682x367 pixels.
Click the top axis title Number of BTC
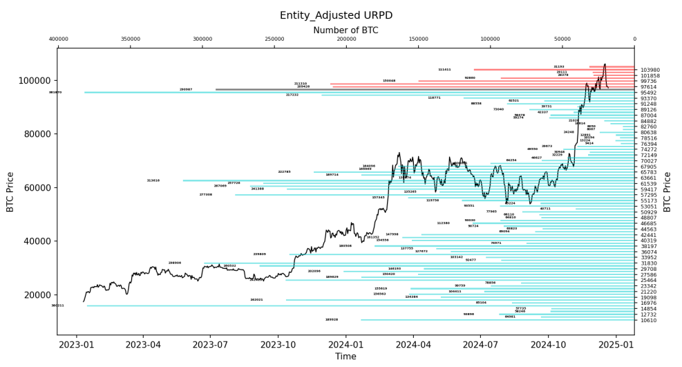pos(345,30)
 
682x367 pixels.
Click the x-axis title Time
pos(345,357)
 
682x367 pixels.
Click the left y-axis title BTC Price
pos(10,191)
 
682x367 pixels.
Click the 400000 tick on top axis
pos(59,39)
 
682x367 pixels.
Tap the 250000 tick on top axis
pos(274,39)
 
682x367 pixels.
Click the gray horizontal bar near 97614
pos(415,89)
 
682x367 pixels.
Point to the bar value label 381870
pos(55,92)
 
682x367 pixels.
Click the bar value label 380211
pos(57,305)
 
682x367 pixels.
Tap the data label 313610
pos(153,180)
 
